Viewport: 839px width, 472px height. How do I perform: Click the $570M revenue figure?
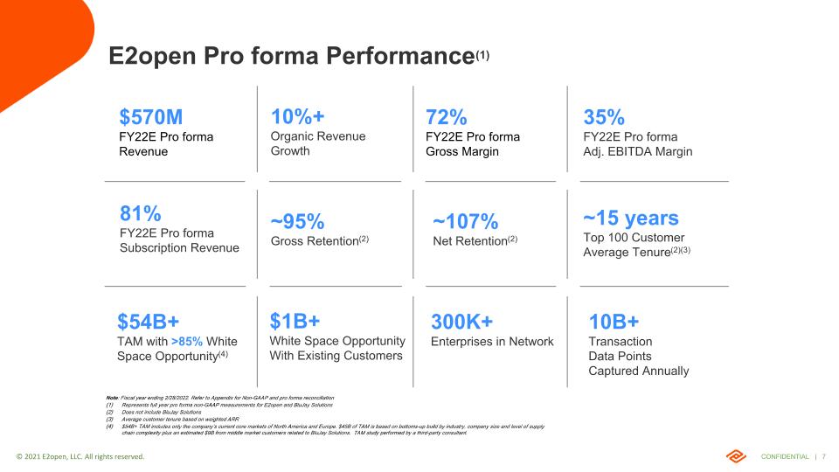150,117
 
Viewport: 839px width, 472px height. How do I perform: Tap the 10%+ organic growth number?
299,117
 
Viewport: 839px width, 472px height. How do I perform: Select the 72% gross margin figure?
446,117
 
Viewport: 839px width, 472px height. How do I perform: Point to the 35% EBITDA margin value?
603,117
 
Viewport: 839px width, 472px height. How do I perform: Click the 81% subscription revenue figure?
140,213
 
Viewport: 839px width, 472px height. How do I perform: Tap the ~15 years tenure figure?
630,218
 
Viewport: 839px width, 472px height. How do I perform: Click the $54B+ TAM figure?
148,321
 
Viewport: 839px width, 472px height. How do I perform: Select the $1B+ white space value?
295,320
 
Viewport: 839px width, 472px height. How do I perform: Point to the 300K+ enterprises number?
461,321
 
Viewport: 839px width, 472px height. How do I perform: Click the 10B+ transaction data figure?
614,321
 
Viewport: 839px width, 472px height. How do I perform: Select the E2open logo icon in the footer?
735,456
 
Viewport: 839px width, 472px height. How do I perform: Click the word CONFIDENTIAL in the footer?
784,456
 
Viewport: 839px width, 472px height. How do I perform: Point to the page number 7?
824,456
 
